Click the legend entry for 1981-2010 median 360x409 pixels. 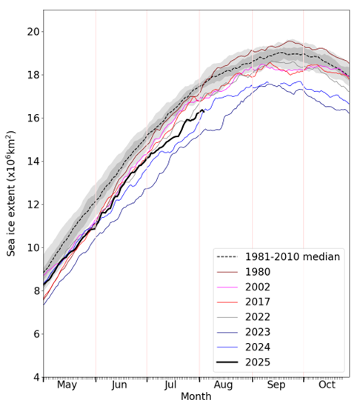[x=278, y=257]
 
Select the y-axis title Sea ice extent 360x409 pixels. [x=12, y=193]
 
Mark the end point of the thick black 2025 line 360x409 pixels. [x=203, y=110]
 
